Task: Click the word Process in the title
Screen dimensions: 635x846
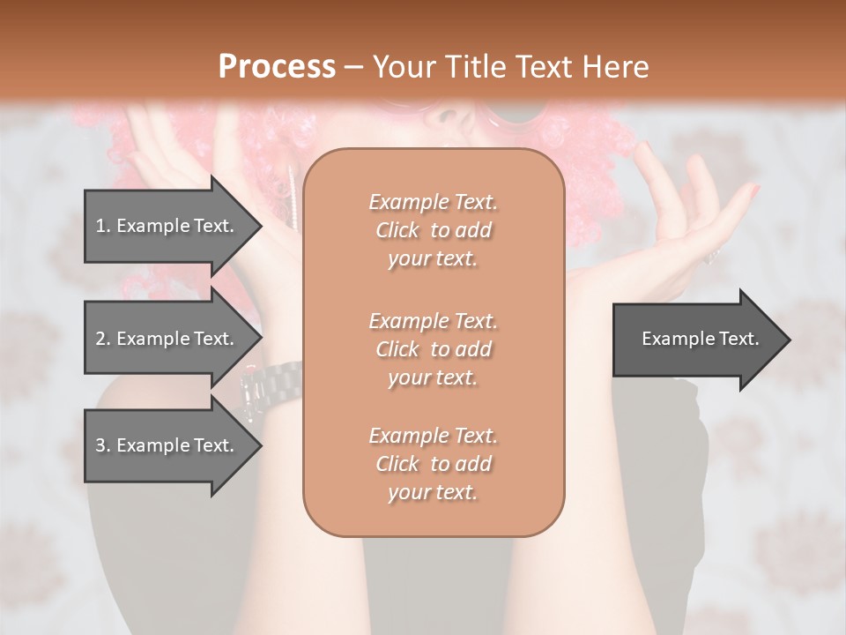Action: (277, 67)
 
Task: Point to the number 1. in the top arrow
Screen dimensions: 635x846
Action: (103, 226)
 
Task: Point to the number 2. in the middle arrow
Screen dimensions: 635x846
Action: (103, 339)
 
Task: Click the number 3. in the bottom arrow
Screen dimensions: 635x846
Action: (103, 445)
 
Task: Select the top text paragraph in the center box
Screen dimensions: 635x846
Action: (433, 230)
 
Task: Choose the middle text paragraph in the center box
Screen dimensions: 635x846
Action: (433, 349)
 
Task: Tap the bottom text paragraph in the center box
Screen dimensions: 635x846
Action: (433, 464)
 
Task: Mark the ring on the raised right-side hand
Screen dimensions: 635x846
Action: (712, 256)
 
